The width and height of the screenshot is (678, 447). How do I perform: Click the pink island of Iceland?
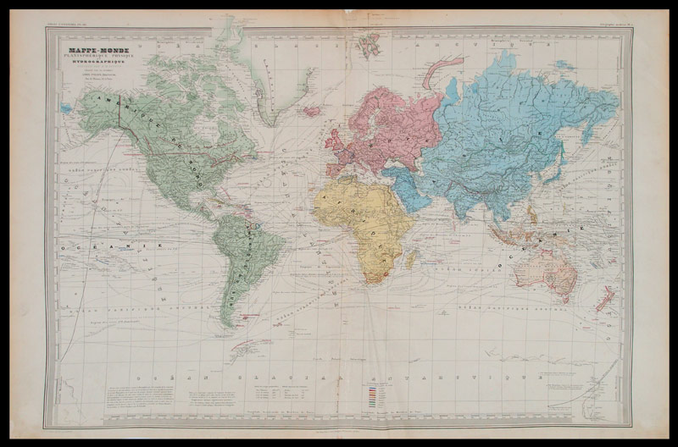[312, 110]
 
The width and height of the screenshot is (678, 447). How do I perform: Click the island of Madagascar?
[412, 257]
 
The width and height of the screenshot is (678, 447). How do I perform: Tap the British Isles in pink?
[332, 135]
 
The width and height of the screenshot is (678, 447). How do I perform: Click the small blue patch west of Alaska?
[66, 108]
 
